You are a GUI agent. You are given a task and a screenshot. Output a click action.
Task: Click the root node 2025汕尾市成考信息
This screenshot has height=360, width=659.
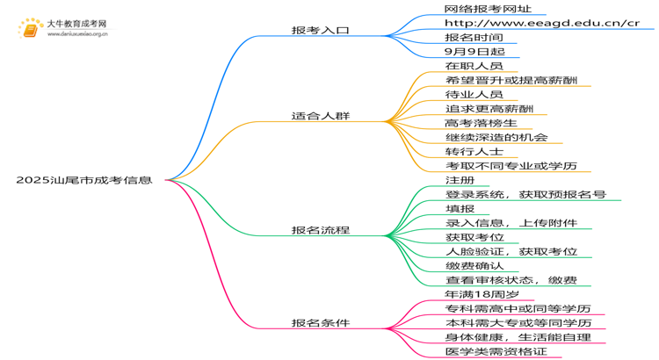tap(83, 180)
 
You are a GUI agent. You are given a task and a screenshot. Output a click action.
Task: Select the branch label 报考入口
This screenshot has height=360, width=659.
tap(321, 30)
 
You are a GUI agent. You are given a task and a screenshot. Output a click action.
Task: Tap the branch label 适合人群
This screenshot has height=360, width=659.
tap(321, 115)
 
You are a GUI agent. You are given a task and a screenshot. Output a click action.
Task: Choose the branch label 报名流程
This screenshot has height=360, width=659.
tap(321, 230)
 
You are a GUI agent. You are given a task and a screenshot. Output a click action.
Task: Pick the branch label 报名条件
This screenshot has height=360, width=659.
tap(321, 322)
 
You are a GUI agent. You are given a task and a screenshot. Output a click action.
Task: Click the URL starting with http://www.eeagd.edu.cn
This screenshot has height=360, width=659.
tap(542, 23)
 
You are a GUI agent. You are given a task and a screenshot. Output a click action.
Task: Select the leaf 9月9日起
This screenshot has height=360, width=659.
tap(474, 52)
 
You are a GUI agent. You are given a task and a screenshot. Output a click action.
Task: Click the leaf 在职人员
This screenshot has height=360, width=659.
tap(474, 66)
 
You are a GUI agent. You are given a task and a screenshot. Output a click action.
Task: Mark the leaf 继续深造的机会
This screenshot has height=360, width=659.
tap(496, 137)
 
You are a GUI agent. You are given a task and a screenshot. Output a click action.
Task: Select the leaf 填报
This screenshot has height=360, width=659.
tap(460, 208)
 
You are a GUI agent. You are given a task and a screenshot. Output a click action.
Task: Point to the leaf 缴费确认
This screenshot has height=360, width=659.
tap(474, 265)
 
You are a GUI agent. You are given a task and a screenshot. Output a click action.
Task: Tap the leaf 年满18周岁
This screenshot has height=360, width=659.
tap(483, 294)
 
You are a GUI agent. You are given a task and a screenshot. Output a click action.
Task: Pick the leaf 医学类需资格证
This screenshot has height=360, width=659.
tap(496, 351)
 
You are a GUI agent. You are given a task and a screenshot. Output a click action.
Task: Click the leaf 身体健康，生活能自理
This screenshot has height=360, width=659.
tap(518, 337)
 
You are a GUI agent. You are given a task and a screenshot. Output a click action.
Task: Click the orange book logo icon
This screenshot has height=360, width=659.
tap(29, 29)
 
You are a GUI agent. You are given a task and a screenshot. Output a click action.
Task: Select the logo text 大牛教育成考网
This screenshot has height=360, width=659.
tap(76, 24)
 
